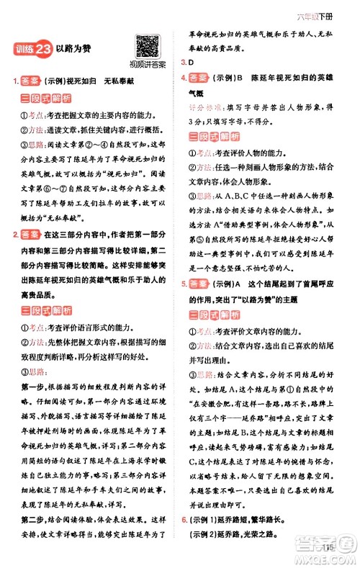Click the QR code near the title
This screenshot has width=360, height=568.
pos(147,47)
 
